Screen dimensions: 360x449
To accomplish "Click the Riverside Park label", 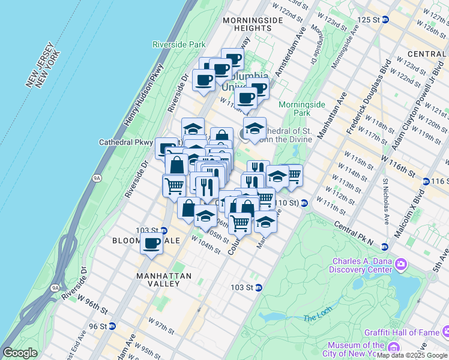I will [179, 44].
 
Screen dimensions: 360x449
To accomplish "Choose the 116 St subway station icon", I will [426, 181].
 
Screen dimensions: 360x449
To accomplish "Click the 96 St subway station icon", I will [112, 326].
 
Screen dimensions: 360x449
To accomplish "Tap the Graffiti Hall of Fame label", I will [401, 332].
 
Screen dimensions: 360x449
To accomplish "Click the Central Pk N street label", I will [352, 236].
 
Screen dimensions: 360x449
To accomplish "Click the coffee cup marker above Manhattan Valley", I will [151, 244].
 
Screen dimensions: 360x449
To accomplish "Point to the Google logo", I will [20, 353].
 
